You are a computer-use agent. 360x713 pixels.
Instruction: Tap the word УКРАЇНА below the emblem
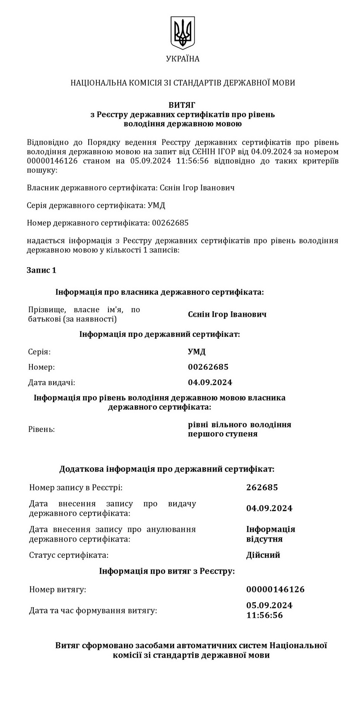pos(182,59)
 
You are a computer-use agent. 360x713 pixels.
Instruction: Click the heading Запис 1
pos(41,270)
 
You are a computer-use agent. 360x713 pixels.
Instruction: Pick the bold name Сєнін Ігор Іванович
pos(227,314)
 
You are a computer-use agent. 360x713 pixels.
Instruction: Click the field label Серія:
pos(39,352)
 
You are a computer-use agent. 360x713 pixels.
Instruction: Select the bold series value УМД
pos(197,352)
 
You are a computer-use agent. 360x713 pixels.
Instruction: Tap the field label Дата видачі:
pos(51,382)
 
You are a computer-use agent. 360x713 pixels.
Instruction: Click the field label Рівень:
pos(41,429)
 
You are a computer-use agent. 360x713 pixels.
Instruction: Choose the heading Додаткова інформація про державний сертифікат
pos(167,469)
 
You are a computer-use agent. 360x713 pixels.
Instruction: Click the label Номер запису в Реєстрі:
pos(76,488)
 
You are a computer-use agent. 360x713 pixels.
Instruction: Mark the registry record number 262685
pos(262,488)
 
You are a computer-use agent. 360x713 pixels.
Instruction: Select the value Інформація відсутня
pos(270,534)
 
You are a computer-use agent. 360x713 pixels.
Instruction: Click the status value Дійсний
pos(263,555)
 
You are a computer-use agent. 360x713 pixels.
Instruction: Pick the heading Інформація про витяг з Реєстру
pos(167,571)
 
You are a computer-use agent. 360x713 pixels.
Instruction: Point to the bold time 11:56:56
pos(265,615)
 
